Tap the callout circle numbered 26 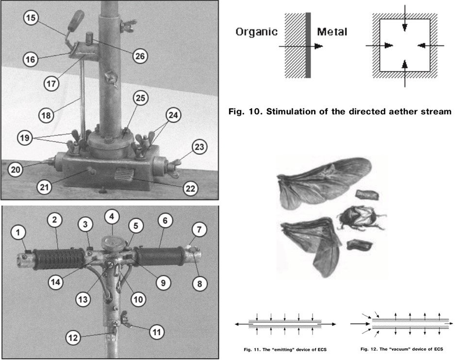point(140,56)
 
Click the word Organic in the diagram point(256,32)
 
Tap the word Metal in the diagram point(332,32)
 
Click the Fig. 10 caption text point(340,111)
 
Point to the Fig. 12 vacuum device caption point(402,349)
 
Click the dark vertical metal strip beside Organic point(308,45)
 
